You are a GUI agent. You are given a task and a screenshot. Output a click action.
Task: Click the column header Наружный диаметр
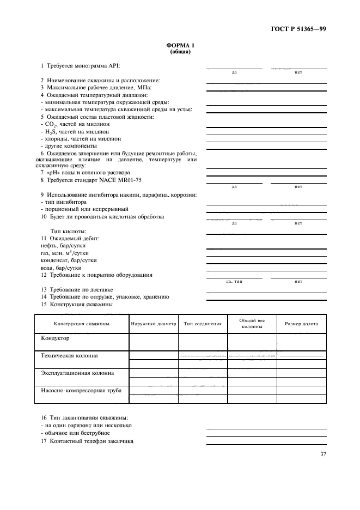pos(154,324)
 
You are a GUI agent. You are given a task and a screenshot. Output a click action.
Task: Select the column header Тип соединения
pos(203,324)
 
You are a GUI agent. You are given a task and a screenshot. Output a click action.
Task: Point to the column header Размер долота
pos(302,324)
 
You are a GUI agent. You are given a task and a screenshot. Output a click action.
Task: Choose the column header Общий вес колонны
pos(252,324)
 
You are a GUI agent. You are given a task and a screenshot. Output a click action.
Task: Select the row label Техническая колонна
pos(70,356)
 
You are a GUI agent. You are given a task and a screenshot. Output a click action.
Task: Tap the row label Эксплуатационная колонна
pos(78,373)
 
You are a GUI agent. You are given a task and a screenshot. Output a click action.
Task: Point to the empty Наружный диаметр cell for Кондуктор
pos(154,342)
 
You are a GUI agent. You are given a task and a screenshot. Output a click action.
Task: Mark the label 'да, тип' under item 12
pos(234,282)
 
